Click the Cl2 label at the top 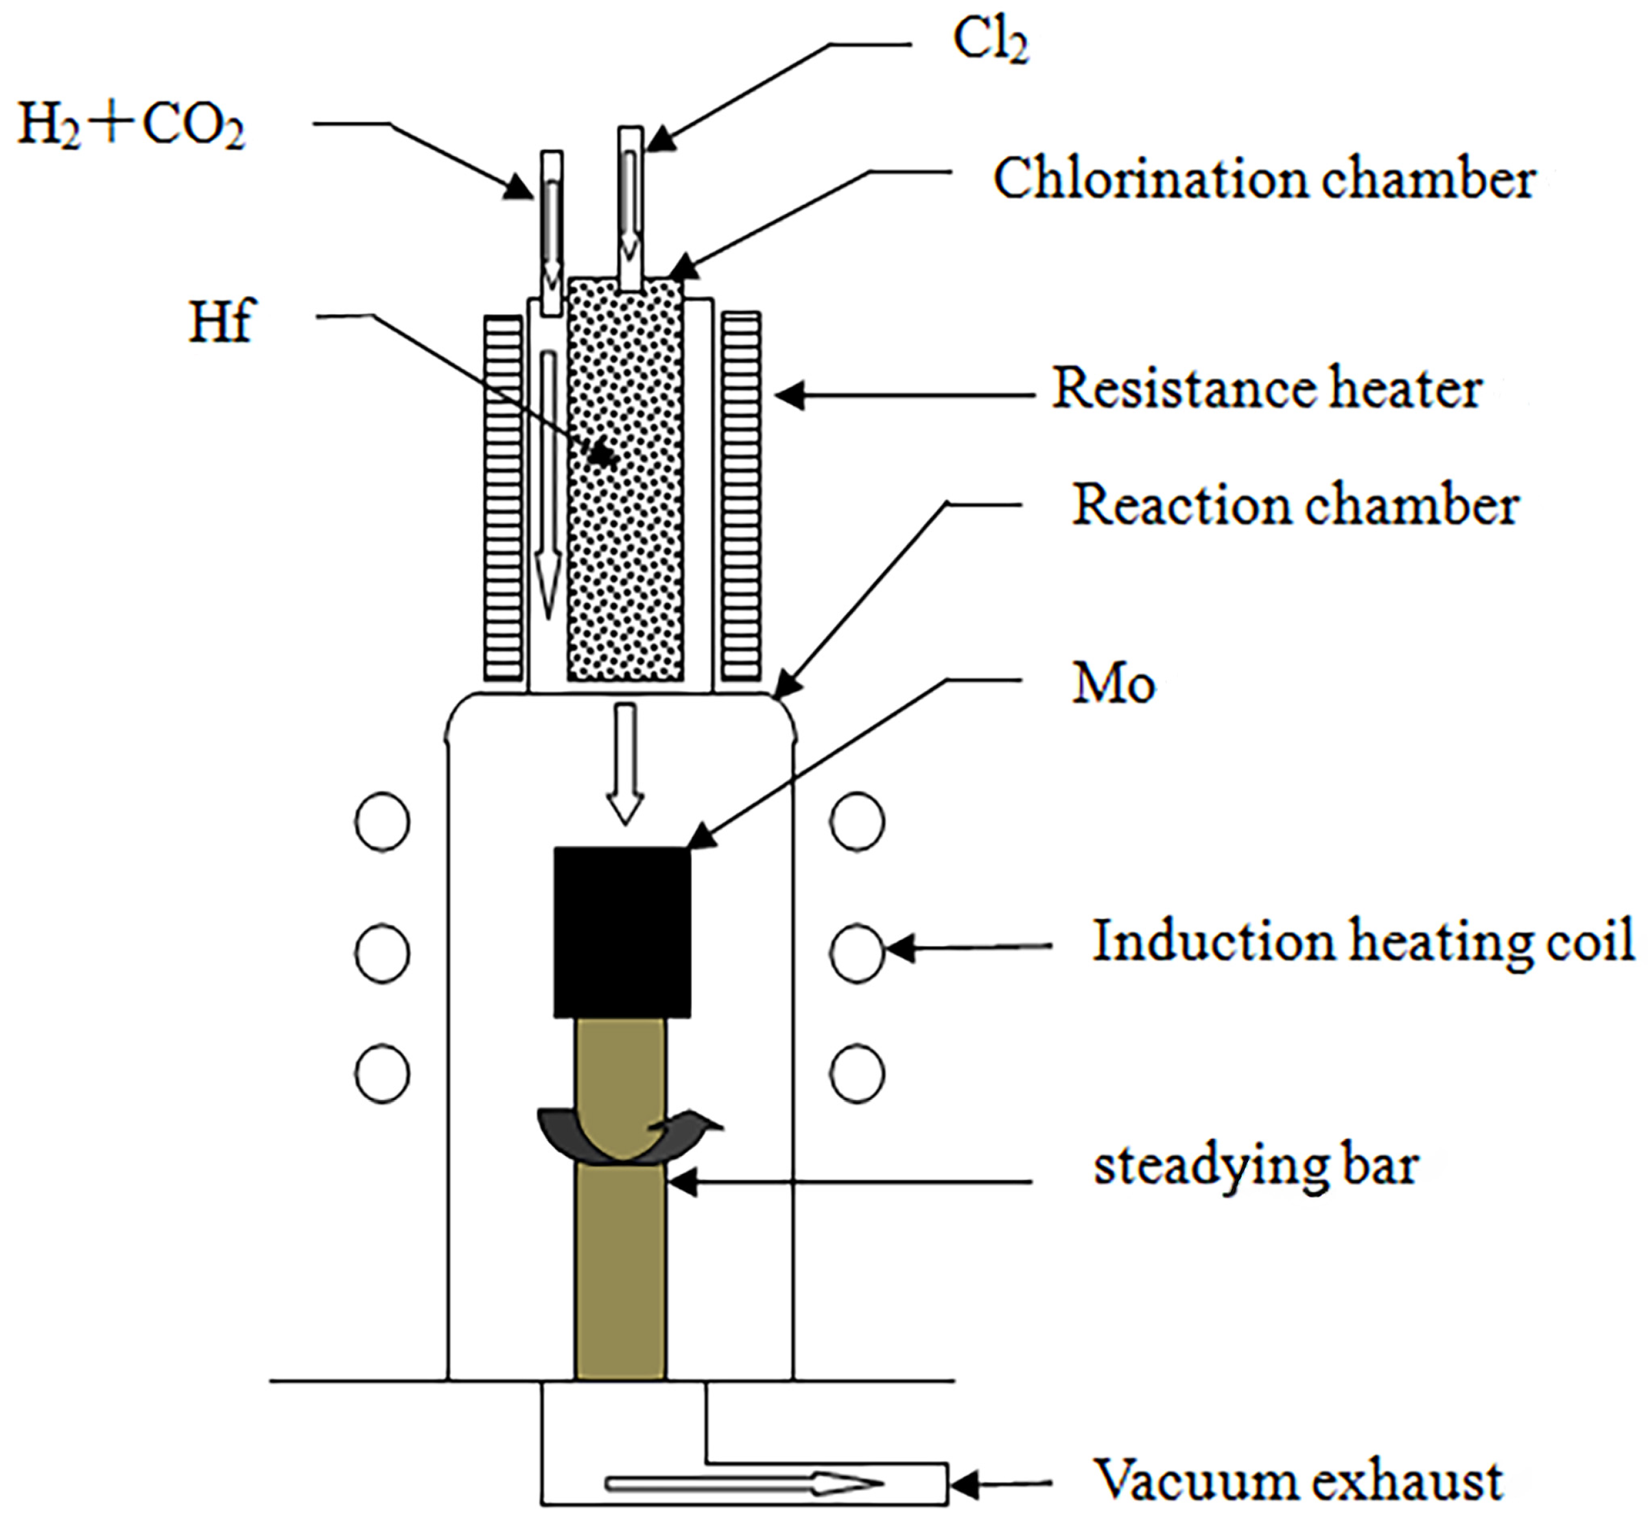[x=990, y=41]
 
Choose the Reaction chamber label [x=1295, y=504]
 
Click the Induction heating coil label [x=1363, y=941]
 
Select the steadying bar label [x=1256, y=1166]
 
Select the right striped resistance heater [x=741, y=496]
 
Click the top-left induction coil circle [x=382, y=822]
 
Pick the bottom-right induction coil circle [x=856, y=1074]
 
